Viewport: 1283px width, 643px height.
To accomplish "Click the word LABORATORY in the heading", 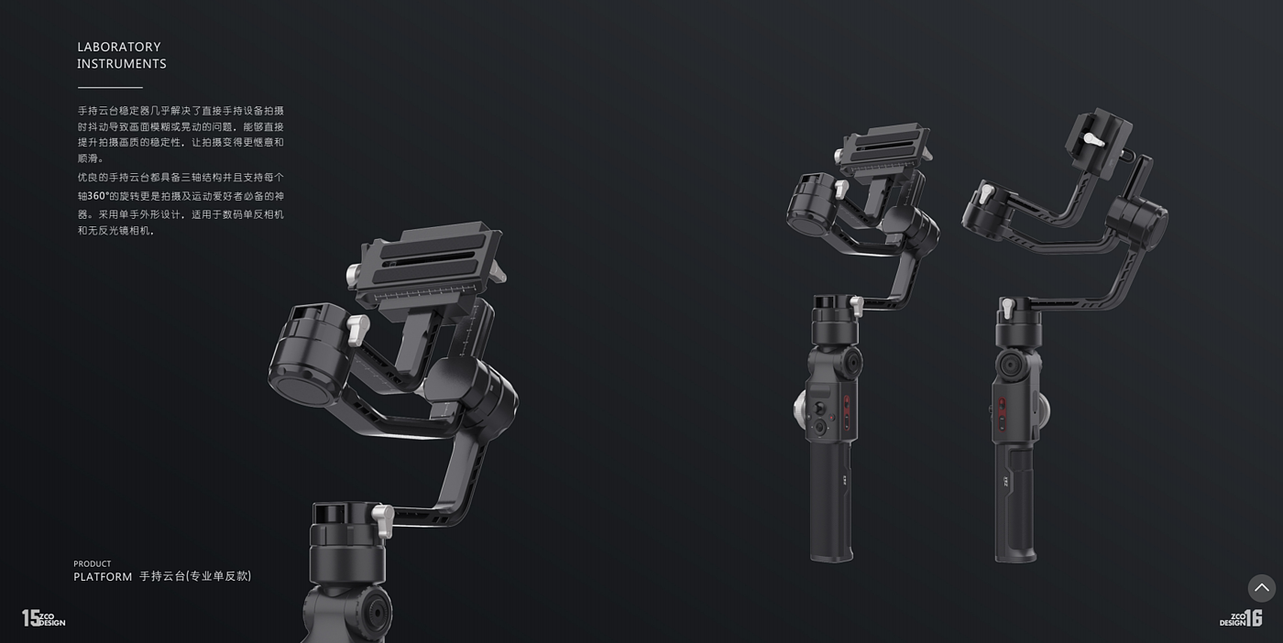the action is (x=119, y=47).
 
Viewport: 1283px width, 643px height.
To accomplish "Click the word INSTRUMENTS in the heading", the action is (x=122, y=64).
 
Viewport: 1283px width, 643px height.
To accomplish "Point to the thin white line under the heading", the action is (x=110, y=88).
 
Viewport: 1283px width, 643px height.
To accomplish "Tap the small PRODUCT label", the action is (x=93, y=564).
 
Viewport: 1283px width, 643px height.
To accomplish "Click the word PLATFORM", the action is (x=103, y=576).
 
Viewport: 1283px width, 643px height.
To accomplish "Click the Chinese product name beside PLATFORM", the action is (x=195, y=576).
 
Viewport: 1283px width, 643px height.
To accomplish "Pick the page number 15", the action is (x=31, y=617).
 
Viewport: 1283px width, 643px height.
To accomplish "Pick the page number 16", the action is (x=1254, y=617).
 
